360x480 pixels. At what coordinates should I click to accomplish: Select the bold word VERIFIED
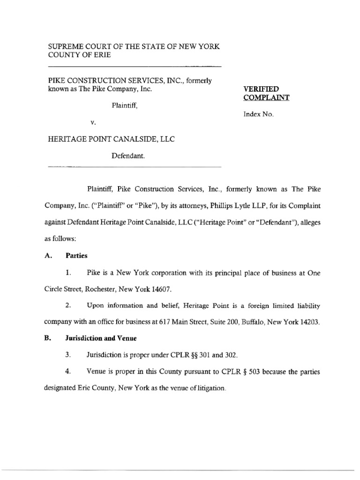[260, 89]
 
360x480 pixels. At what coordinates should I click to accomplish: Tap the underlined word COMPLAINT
[266, 97]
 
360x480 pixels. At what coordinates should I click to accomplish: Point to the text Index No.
[258, 114]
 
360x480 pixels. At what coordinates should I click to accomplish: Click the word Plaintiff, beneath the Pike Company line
[125, 105]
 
